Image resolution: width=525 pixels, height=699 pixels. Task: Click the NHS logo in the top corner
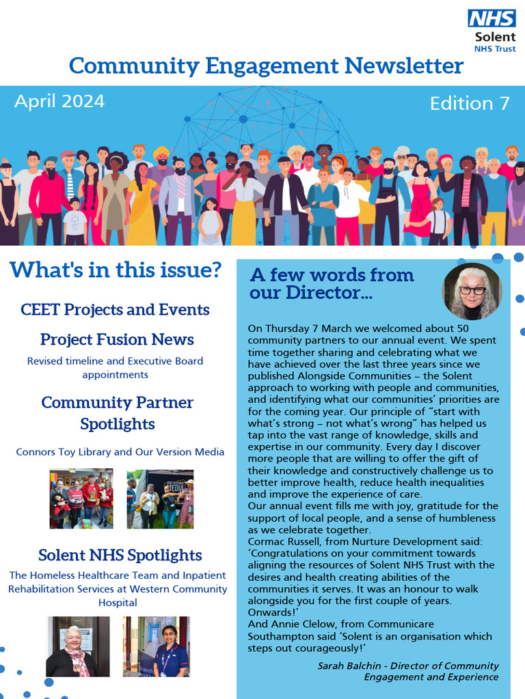click(491, 18)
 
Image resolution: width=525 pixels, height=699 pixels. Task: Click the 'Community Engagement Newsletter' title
click(266, 66)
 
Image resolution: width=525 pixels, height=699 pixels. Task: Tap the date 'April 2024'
click(59, 102)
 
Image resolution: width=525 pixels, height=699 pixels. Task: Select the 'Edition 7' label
click(470, 104)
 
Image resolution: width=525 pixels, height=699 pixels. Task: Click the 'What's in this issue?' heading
click(116, 270)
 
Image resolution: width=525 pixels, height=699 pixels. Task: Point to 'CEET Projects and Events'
click(115, 310)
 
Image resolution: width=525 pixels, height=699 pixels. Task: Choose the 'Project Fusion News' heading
click(117, 340)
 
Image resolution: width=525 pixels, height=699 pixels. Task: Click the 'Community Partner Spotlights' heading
click(117, 413)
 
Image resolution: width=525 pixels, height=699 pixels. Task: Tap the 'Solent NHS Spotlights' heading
click(120, 556)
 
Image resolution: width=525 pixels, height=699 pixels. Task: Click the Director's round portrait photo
click(472, 291)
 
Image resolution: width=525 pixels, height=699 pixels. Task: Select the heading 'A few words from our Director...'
click(332, 284)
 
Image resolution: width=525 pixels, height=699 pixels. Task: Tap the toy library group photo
click(81, 498)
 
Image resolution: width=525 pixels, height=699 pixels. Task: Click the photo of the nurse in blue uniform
click(157, 646)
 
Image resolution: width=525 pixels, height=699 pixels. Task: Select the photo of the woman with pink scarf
click(77, 646)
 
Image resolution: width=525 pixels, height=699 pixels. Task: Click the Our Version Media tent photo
click(160, 498)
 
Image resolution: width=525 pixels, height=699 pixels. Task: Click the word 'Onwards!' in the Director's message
click(271, 612)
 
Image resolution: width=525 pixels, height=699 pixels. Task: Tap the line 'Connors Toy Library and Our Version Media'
click(120, 452)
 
